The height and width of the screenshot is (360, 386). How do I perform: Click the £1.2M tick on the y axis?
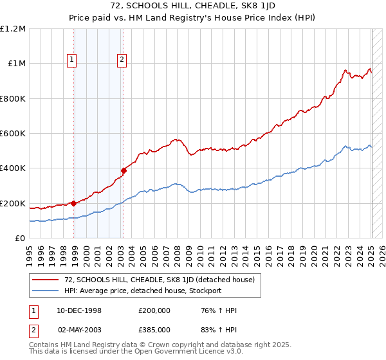(13, 28)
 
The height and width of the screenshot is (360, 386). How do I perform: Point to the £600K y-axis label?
(13, 134)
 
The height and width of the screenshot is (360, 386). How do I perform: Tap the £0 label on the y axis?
(21, 239)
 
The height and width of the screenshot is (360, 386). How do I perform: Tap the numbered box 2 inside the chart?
(122, 60)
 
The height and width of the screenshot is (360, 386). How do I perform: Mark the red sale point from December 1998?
(73, 203)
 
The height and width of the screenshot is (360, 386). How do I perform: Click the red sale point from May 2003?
(124, 171)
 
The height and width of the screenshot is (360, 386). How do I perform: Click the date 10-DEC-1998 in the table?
(74, 310)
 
